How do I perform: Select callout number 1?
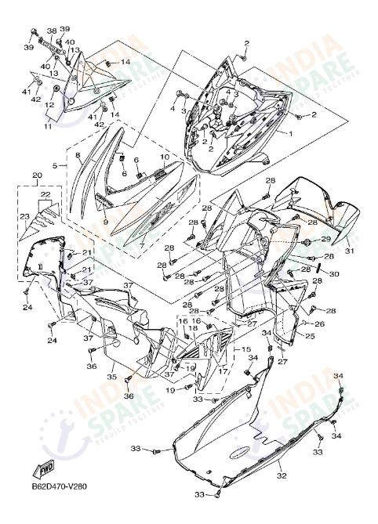(269, 134)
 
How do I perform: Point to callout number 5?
(55, 166)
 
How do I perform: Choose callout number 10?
(165, 157)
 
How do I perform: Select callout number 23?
(24, 216)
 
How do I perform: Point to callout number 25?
(310, 336)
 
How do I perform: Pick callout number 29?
(325, 239)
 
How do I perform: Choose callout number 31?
(350, 251)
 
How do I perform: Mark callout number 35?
(111, 377)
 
